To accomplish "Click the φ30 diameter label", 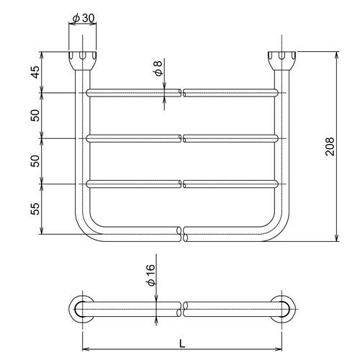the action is (84, 18).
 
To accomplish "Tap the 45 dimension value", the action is (36, 72).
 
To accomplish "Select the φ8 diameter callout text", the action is (158, 68).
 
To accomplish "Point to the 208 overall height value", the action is (330, 146).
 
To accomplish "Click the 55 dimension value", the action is (36, 209).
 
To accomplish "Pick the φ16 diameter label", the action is (150, 275).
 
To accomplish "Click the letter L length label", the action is (182, 344).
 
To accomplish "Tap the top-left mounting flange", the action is (83, 60).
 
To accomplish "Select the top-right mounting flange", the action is (282, 60).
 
